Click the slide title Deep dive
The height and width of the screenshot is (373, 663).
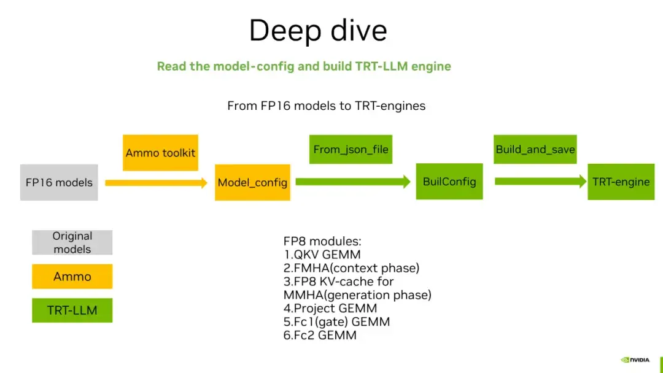tap(318, 31)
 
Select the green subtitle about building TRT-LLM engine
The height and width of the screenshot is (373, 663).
tap(304, 66)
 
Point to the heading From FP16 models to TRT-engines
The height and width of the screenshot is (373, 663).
tap(326, 106)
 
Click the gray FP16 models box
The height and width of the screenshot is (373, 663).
tap(59, 182)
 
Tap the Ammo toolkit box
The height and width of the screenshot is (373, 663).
tap(160, 153)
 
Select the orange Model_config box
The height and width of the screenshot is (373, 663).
tap(252, 182)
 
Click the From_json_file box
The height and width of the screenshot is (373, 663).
tap(351, 150)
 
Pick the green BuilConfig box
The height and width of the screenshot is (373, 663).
tap(449, 182)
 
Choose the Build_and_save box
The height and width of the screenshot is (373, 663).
tap(535, 150)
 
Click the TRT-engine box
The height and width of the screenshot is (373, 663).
tap(621, 182)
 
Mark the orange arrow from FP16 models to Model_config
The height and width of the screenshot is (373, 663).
tap(156, 183)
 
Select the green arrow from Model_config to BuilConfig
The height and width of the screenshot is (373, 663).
tap(352, 182)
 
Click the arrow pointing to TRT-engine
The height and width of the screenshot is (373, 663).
tap(540, 182)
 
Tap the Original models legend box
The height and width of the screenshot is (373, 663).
tap(72, 242)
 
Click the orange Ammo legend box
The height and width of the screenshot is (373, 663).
tap(72, 277)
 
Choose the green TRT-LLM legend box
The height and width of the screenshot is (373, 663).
tap(72, 310)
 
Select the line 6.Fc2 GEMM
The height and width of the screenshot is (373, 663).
tap(319, 336)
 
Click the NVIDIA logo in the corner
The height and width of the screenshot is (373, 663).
tap(635, 360)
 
